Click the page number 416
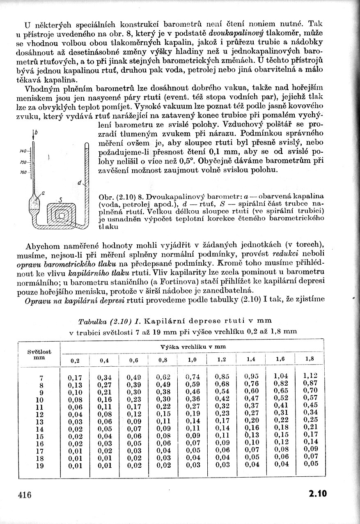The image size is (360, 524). (x=25, y=494)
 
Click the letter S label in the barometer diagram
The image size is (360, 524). (x=60, y=199)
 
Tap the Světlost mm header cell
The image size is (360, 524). (x=39, y=354)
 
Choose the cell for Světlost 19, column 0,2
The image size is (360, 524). (x=75, y=466)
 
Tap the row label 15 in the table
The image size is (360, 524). (x=40, y=436)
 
